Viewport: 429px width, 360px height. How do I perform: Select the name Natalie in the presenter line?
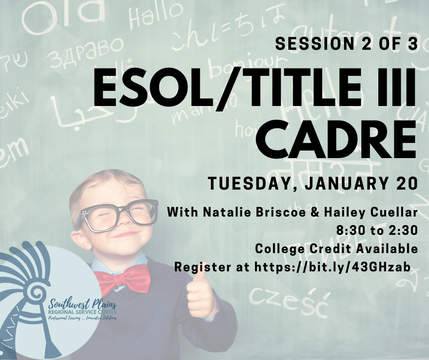pos(221,212)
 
